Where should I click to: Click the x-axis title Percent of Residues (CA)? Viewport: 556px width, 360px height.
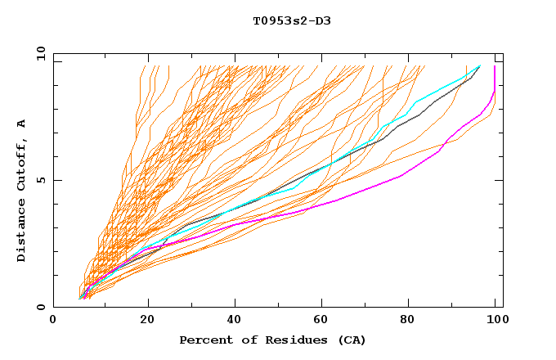pyautogui.click(x=272, y=340)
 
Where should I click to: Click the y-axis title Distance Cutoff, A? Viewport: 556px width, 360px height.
pyautogui.click(x=21, y=191)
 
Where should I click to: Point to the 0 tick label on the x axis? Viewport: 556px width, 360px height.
pyautogui.click(x=53, y=321)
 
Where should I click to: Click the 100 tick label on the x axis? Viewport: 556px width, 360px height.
pyautogui.click(x=495, y=321)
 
